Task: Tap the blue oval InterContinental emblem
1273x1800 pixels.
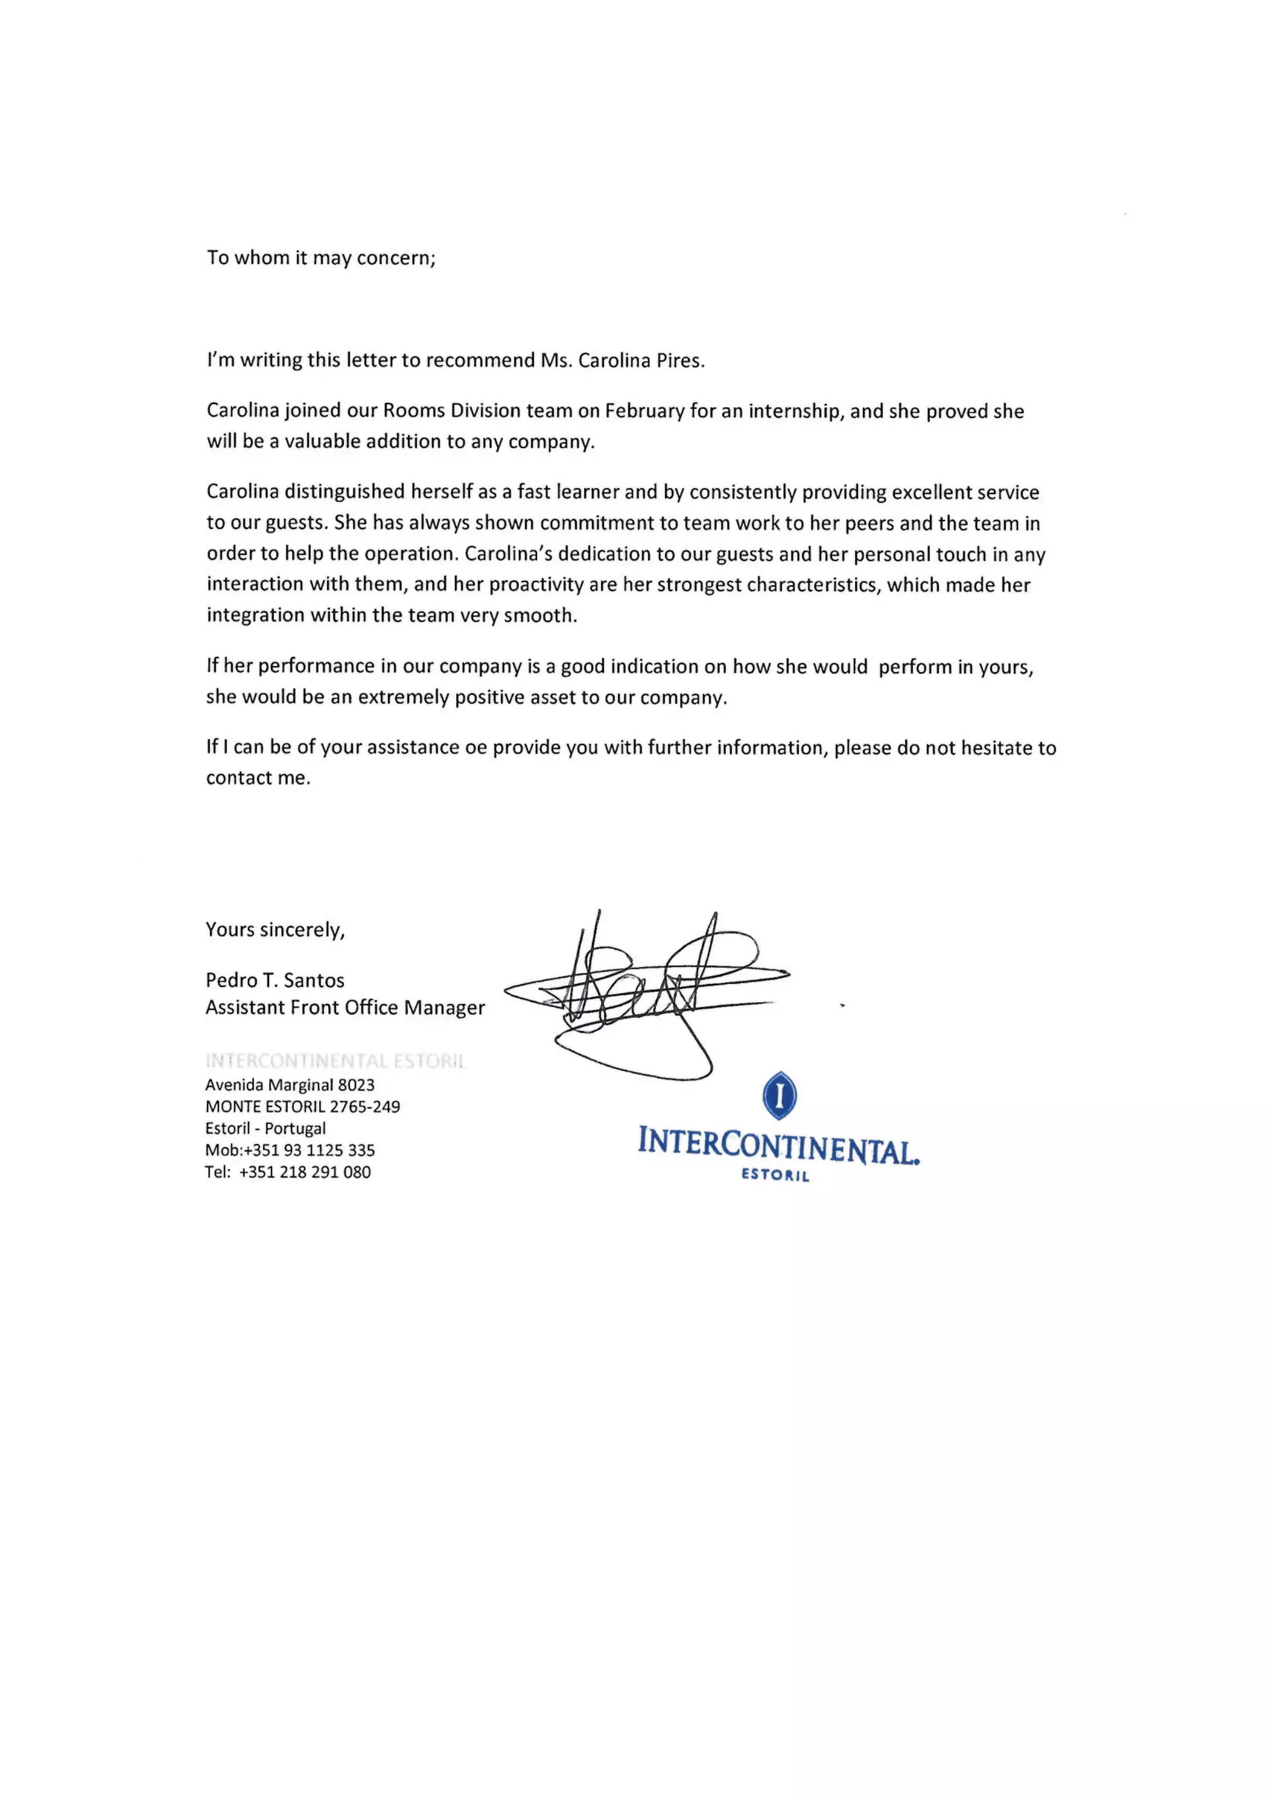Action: tap(779, 1095)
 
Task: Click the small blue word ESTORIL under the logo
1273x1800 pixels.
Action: tap(775, 1176)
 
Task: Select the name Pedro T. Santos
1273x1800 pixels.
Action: tap(275, 980)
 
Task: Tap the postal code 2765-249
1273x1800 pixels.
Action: tap(364, 1107)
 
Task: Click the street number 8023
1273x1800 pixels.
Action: tap(356, 1085)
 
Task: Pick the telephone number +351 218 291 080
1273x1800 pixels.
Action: tap(305, 1172)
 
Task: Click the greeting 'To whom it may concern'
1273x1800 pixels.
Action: tap(321, 258)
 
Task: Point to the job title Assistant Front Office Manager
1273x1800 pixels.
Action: tap(345, 1008)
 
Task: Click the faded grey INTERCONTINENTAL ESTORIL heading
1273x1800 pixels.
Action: tap(336, 1062)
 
